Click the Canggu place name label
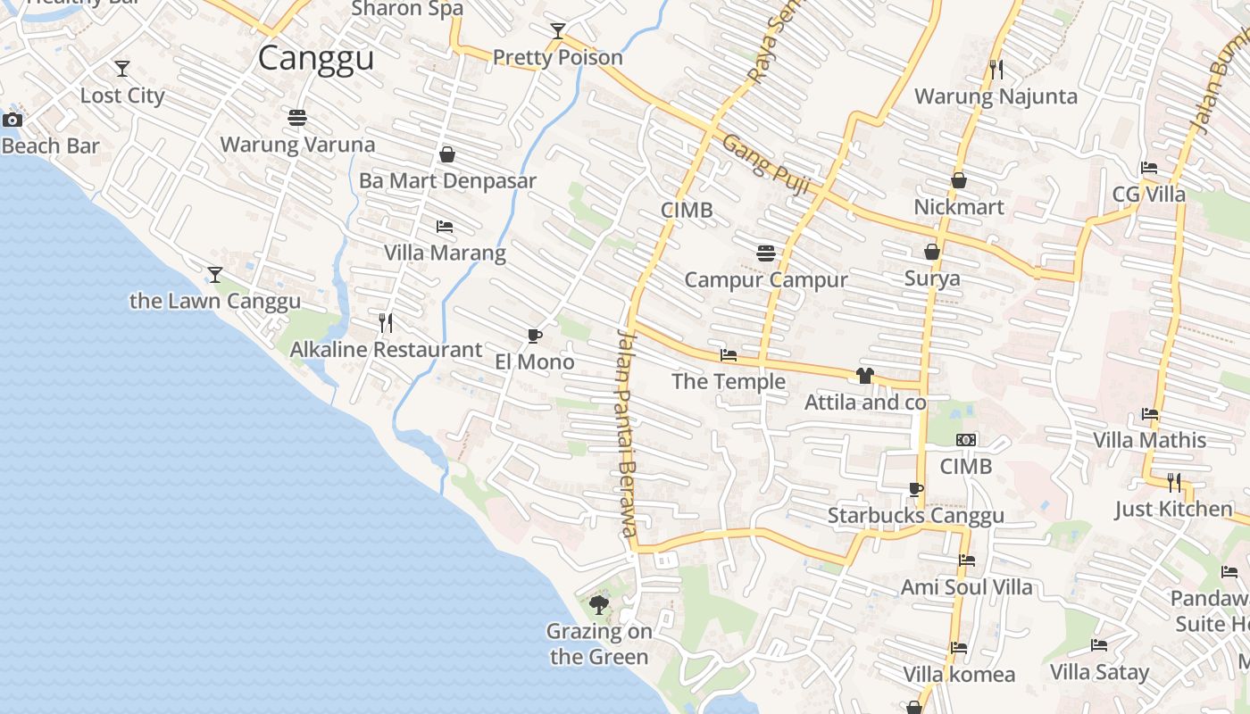(x=315, y=58)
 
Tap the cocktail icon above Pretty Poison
(x=558, y=32)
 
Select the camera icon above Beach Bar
(x=12, y=120)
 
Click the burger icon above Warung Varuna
(x=297, y=118)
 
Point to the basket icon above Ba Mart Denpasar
(x=447, y=154)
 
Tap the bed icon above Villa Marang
(x=445, y=227)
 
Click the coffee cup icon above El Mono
(x=534, y=336)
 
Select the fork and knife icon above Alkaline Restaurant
(x=386, y=323)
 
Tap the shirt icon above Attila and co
(x=864, y=376)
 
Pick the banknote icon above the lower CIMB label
(x=966, y=440)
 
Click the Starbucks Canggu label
(x=915, y=515)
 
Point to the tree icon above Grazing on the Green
(x=599, y=605)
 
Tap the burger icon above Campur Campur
(x=765, y=253)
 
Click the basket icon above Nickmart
(x=959, y=181)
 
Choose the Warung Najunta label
(x=996, y=95)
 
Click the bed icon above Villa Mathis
(x=1150, y=414)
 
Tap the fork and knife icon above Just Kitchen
(x=1174, y=483)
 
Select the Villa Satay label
(x=1099, y=671)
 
